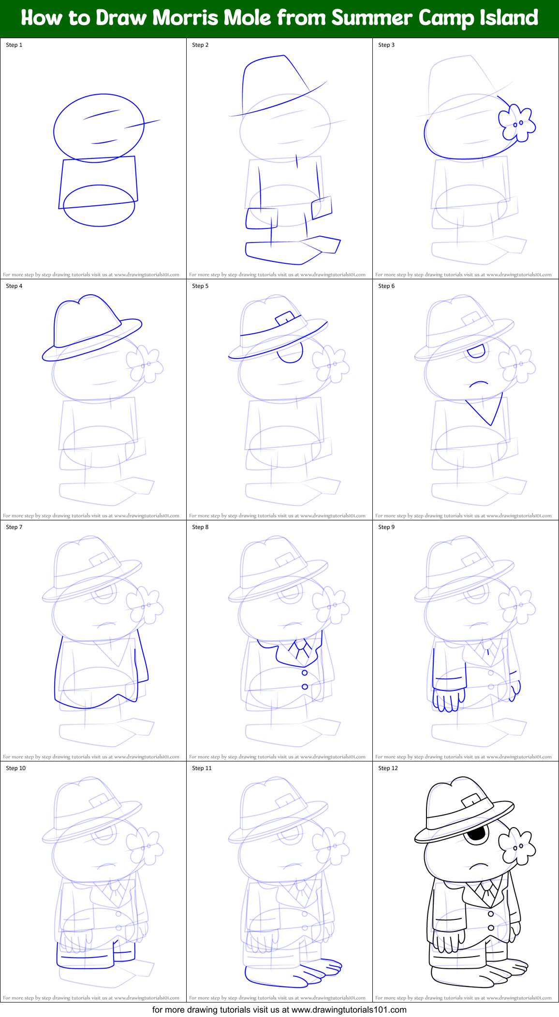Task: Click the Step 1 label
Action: coord(14,45)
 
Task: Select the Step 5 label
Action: coord(200,286)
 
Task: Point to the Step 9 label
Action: coord(386,527)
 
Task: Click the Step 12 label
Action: coord(388,768)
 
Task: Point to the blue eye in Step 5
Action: coord(290,353)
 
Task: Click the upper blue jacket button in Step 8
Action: coord(305,673)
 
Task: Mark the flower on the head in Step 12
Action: coord(517,846)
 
